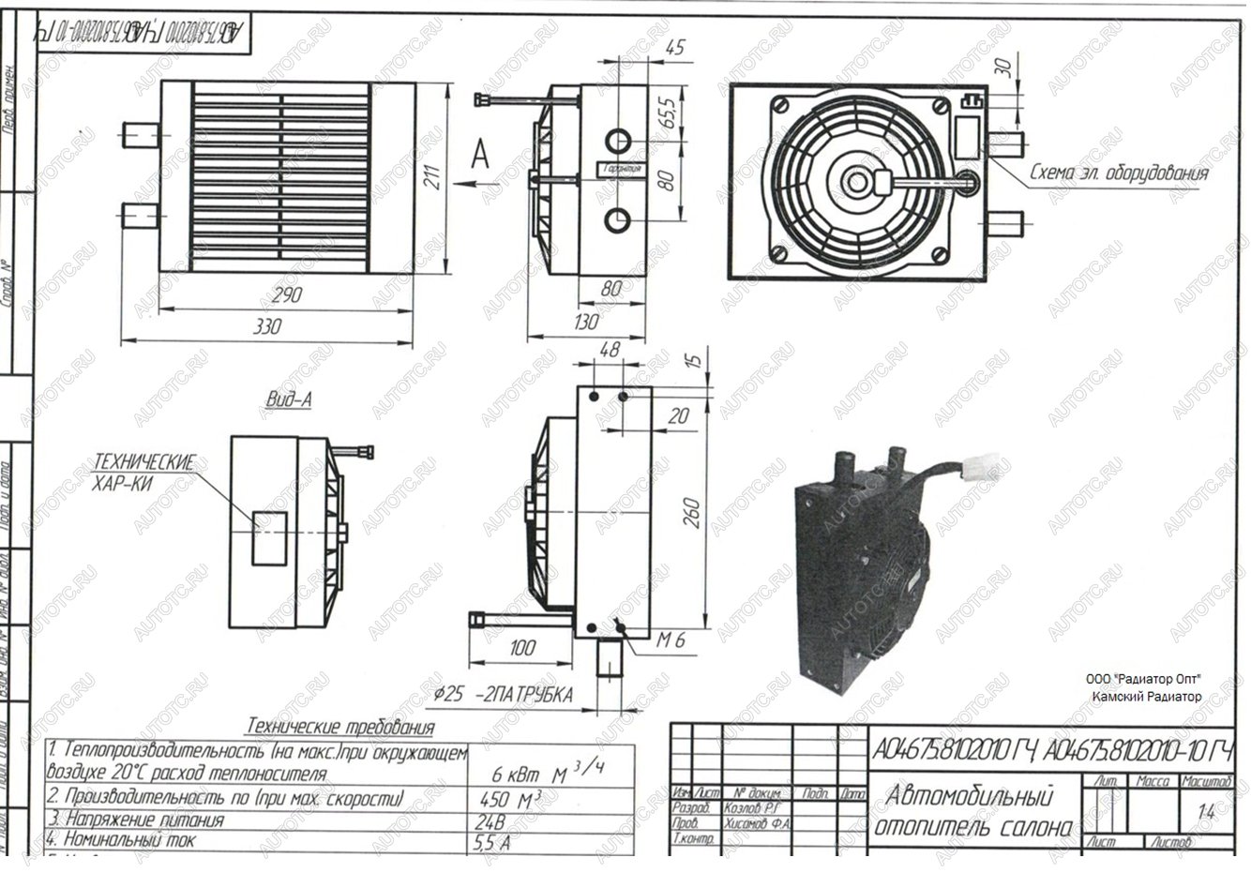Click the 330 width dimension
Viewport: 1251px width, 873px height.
tap(266, 327)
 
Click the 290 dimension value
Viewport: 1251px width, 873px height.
tap(285, 294)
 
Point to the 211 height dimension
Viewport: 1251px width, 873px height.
tap(432, 175)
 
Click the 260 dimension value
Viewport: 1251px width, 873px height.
tap(693, 512)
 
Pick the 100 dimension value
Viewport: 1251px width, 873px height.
tap(521, 648)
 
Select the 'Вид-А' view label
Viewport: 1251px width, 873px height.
tap(288, 399)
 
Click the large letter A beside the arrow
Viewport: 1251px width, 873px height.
tap(480, 154)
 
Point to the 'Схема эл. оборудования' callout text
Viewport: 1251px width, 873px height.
tap(1118, 173)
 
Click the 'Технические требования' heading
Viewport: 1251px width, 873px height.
tap(339, 727)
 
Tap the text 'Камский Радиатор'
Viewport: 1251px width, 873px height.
tap(1145, 697)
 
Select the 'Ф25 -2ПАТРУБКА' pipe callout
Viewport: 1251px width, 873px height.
tap(504, 695)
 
